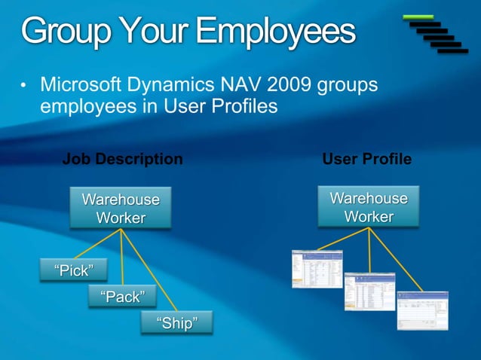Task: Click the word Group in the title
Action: click(60, 32)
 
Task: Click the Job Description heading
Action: click(122, 159)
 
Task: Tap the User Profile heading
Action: click(366, 159)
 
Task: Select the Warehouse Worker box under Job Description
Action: click(121, 209)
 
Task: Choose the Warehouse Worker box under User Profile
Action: click(369, 207)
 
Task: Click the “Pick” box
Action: click(73, 270)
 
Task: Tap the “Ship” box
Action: click(176, 324)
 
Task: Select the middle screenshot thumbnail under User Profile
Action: click(369, 291)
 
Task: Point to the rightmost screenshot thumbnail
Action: click(422, 310)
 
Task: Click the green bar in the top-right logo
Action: click(418, 16)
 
